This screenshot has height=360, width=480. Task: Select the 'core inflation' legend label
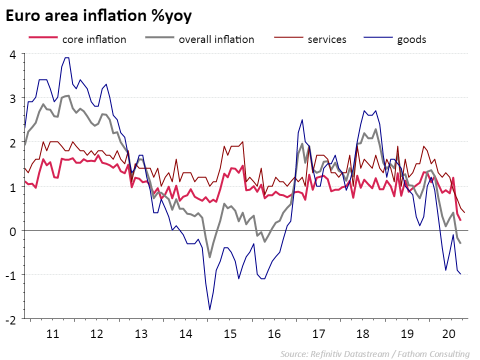tap(94, 39)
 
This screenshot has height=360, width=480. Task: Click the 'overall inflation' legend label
tap(216, 39)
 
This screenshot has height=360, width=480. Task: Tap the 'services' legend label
tap(327, 39)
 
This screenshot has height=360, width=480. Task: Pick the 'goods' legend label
tap(411, 39)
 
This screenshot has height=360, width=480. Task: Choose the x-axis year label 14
tap(186, 334)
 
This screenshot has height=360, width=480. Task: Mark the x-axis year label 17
tap(319, 334)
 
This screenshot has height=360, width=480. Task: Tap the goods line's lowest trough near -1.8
tap(209, 310)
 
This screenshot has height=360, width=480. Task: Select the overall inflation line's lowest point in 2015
tap(209, 257)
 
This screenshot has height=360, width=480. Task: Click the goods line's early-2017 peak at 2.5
tap(302, 119)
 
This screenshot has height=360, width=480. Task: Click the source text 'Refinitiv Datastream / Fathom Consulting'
tap(375, 354)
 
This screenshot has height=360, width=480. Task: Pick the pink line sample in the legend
tap(41, 38)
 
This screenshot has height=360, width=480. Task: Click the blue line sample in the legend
tap(376, 38)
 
